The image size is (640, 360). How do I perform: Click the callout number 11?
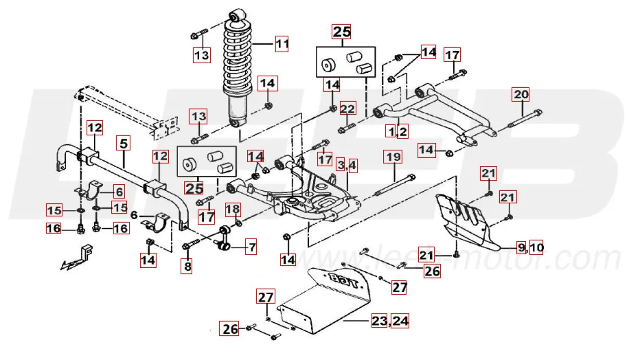pos(282,45)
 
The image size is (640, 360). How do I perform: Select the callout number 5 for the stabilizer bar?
pos(124,144)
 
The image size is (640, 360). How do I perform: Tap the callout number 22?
pos(348,109)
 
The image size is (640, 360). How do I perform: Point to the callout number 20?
pos(521,94)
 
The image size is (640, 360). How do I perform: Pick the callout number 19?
pos(392,157)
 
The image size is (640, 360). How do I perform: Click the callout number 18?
pos(233,209)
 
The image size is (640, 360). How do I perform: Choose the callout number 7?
pos(251,246)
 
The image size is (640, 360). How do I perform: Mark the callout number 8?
pos(186,265)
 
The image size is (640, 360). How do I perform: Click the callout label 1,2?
pos(397,130)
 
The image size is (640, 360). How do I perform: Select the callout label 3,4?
pos(347,165)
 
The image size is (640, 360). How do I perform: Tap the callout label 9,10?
pos(529,247)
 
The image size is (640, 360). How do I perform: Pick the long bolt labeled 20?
pos(525,125)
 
